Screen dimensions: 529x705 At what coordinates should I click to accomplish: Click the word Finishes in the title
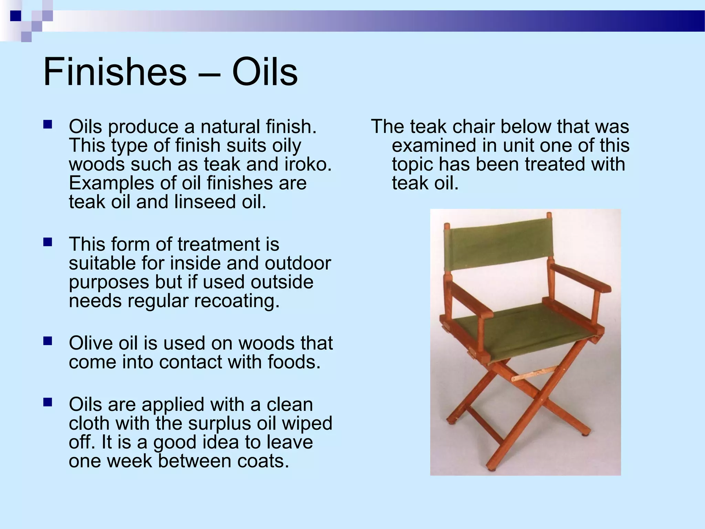pos(115,72)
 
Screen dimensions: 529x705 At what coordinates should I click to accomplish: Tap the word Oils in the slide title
pos(264,72)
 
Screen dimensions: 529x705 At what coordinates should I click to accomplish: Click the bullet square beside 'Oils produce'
pos(48,124)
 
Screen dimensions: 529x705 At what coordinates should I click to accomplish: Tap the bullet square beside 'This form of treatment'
pos(48,242)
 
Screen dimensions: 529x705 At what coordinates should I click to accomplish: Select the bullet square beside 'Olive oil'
pos(48,341)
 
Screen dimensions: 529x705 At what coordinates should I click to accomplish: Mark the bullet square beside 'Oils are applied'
pos(48,402)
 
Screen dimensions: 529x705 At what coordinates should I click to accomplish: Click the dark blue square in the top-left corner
pos(15,16)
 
